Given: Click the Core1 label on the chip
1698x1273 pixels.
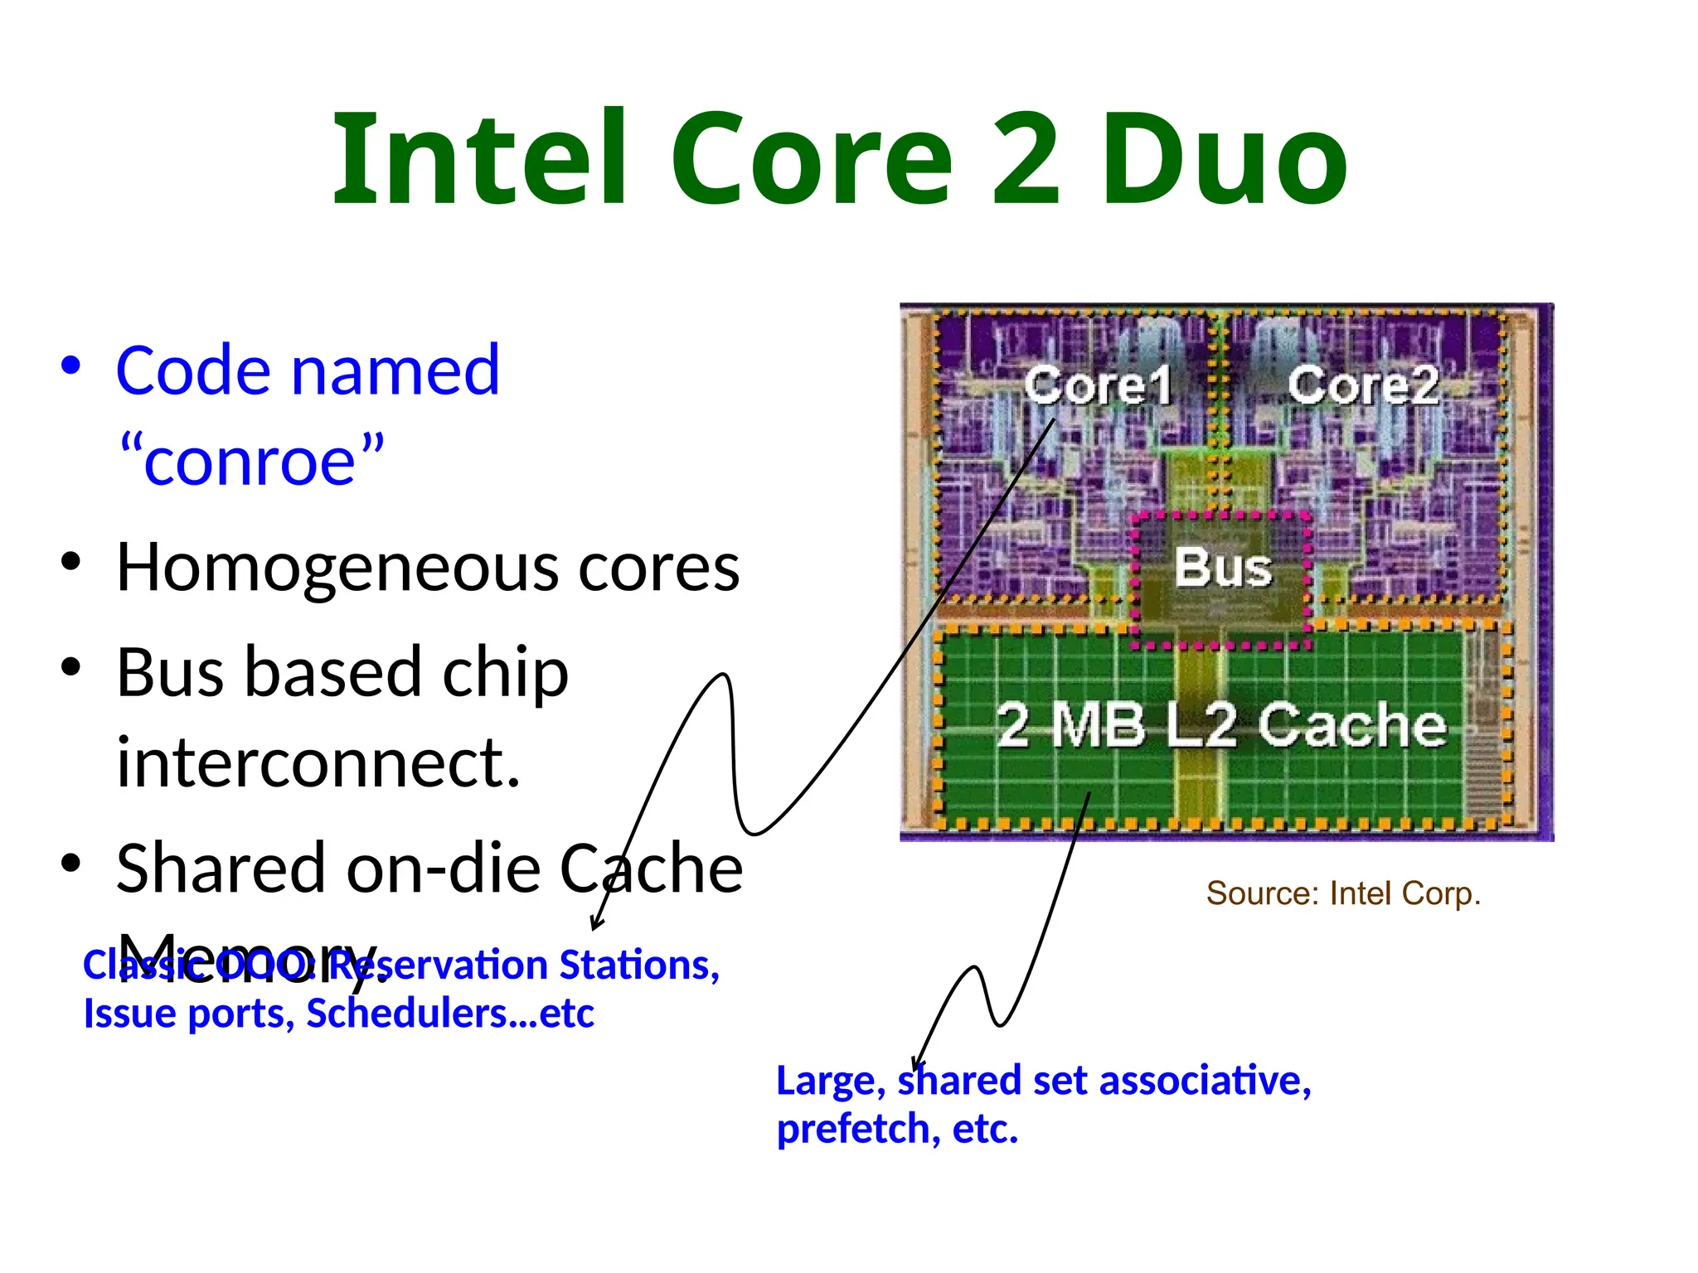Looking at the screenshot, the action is pos(1098,385).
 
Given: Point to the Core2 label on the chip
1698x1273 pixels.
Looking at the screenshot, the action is pos(1363,385).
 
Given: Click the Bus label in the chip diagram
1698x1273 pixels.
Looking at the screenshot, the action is pos(1223,568).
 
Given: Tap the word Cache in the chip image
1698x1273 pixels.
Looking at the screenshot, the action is pos(1352,725).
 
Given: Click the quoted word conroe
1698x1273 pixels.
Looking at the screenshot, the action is pos(251,461).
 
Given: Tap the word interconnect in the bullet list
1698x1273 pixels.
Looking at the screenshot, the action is pos(316,763).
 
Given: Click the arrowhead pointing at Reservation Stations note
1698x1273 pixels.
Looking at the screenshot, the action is pos(596,924).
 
